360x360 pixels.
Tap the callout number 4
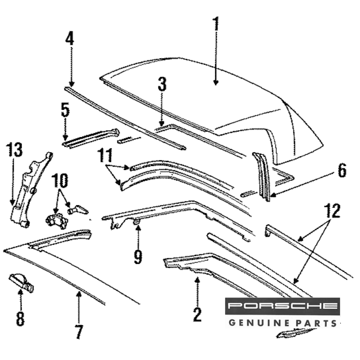pyautogui.click(x=69, y=39)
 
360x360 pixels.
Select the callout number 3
pyautogui.click(x=162, y=85)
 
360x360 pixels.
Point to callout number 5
pyautogui.click(x=65, y=111)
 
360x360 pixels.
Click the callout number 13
pyautogui.click(x=14, y=153)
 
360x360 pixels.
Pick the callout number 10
pyautogui.click(x=60, y=181)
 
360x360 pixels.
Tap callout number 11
pyautogui.click(x=106, y=156)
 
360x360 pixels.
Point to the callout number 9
pyautogui.click(x=138, y=257)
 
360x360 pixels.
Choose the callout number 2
pyautogui.click(x=197, y=314)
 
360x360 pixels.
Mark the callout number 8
pyautogui.click(x=20, y=319)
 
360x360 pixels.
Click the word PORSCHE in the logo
pyautogui.click(x=283, y=306)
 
